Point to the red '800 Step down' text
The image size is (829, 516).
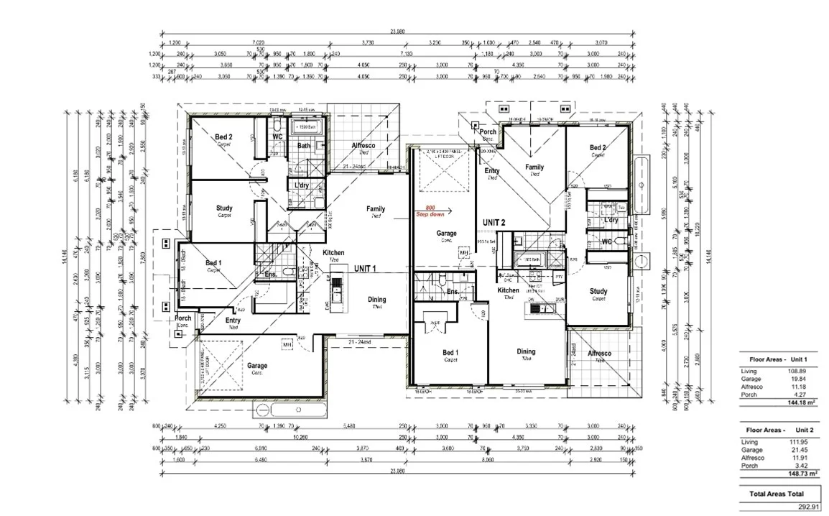click(430, 210)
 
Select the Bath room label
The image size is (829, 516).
click(304, 146)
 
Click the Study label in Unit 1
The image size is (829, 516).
click(224, 209)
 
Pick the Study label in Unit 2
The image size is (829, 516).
click(598, 292)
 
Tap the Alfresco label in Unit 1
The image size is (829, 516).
click(364, 146)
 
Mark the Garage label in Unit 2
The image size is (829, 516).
click(447, 234)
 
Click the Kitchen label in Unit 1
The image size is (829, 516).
click(333, 253)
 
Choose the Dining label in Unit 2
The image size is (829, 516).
click(527, 351)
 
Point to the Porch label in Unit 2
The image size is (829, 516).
click(488, 132)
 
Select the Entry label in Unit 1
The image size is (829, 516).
click(233, 321)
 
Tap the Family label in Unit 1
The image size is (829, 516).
click(376, 209)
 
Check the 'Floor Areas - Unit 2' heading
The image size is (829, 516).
click(779, 430)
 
